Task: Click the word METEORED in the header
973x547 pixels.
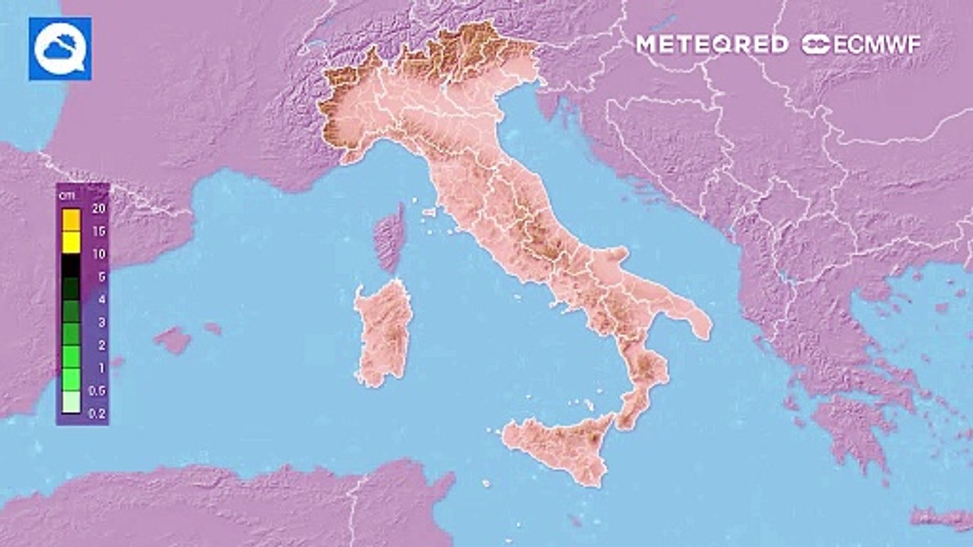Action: tap(712, 44)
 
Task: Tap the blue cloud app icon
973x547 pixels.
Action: tap(60, 49)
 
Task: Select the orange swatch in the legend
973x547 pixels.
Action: tap(71, 220)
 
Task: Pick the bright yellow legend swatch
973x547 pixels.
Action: tap(71, 242)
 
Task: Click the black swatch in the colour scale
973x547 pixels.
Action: tap(71, 265)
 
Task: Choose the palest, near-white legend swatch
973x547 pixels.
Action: tap(71, 402)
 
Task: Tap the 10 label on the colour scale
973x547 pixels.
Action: tap(98, 255)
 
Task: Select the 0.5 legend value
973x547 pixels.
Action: tap(98, 390)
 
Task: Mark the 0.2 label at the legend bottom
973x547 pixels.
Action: tap(98, 413)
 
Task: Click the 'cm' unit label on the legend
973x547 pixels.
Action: tap(67, 194)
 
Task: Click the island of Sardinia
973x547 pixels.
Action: tap(384, 334)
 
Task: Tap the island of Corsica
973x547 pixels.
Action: tap(390, 237)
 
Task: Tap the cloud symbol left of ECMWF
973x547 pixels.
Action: tap(816, 44)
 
